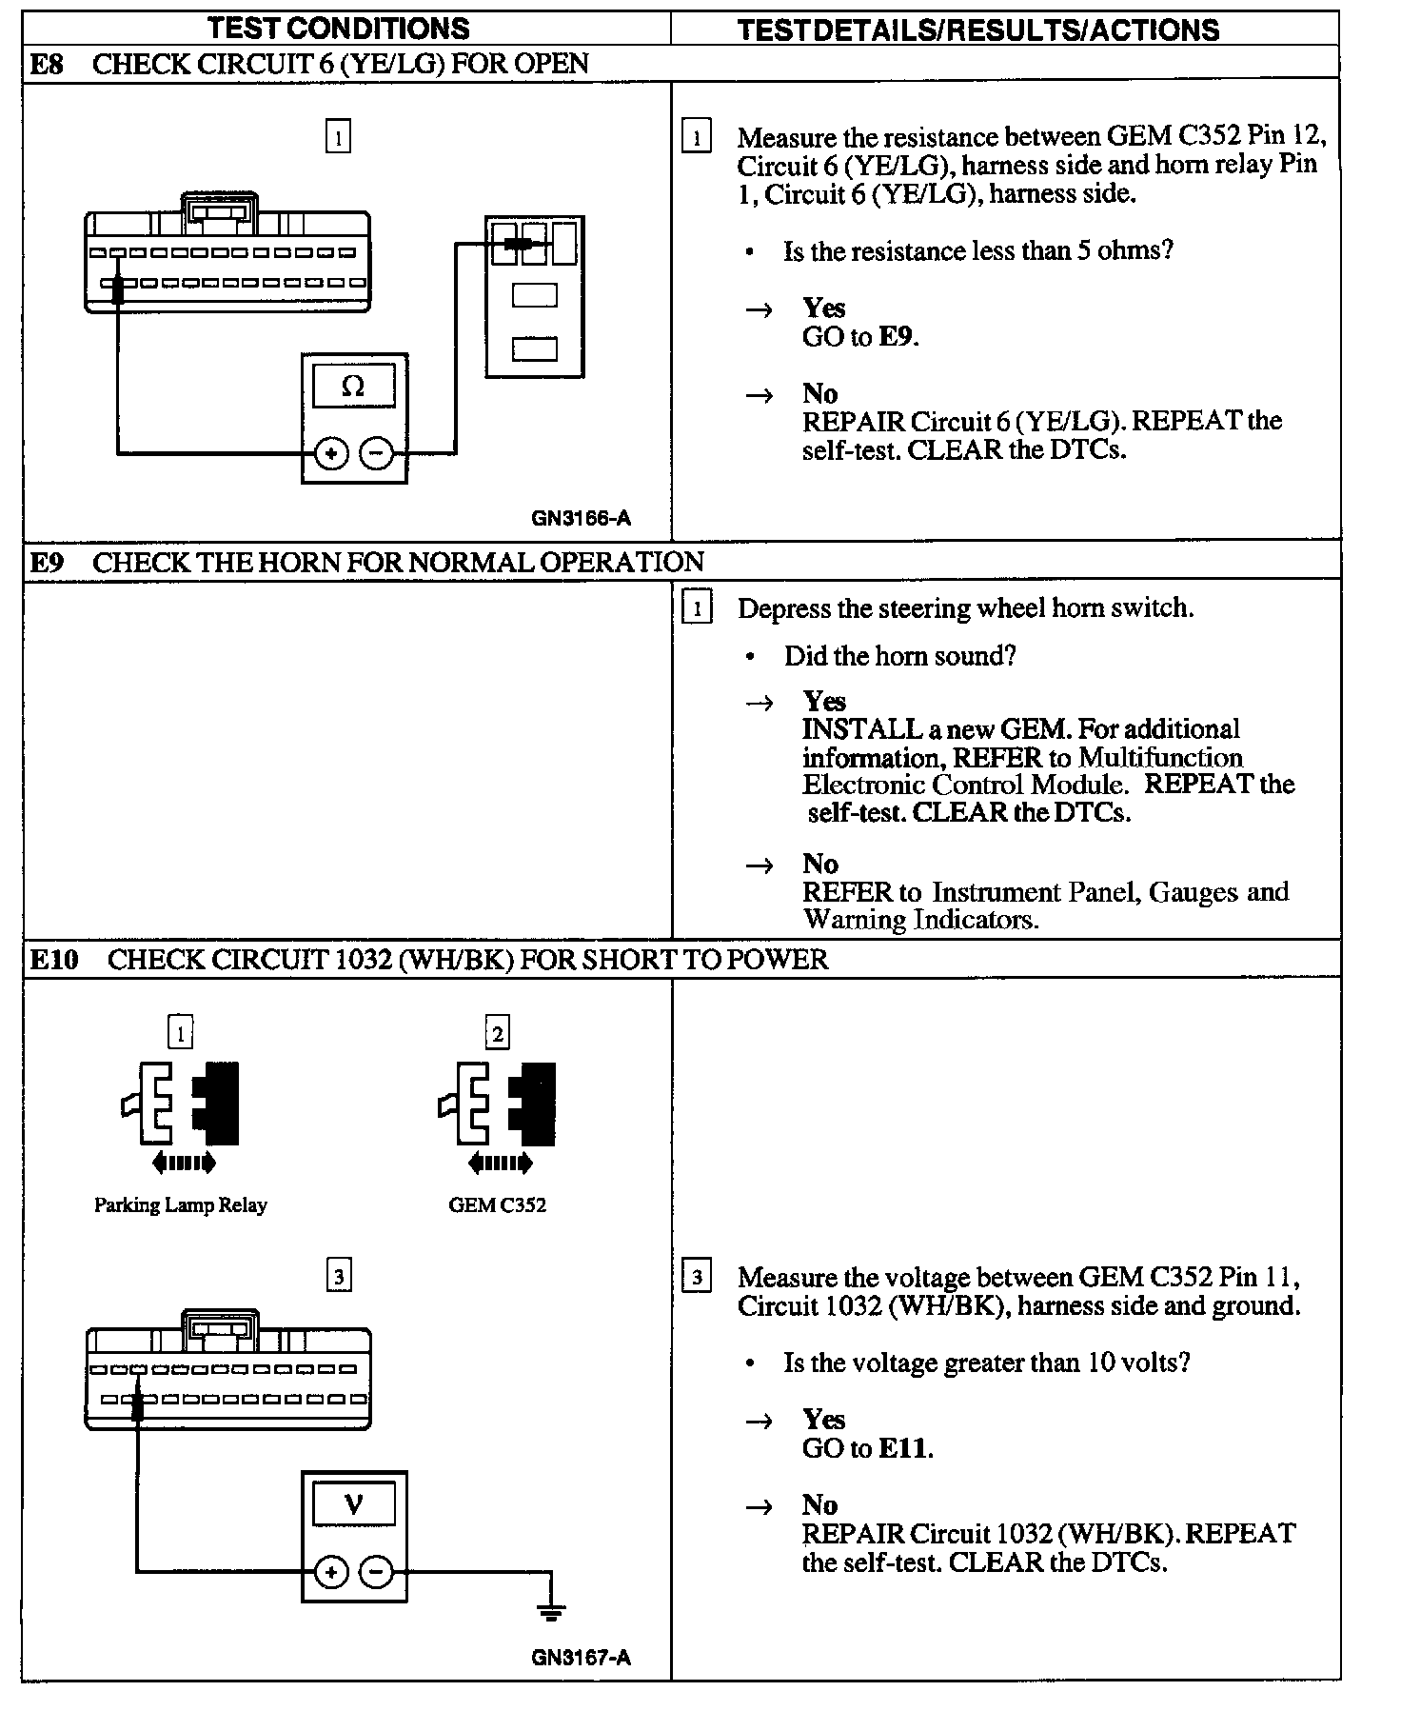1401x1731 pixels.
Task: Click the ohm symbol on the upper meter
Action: click(353, 387)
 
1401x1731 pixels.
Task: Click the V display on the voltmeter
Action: click(353, 1504)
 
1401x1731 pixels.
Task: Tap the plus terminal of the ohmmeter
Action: click(330, 453)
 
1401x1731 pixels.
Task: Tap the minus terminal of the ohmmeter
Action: click(377, 453)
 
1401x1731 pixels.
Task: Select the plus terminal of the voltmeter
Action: click(330, 1572)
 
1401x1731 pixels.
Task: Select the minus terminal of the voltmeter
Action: click(377, 1572)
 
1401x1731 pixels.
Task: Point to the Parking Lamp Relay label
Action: click(181, 1205)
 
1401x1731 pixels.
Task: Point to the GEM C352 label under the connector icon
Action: click(497, 1205)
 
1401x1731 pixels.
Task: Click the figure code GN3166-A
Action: click(581, 519)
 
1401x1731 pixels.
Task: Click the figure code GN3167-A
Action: click(581, 1658)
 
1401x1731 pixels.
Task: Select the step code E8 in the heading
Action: click(47, 64)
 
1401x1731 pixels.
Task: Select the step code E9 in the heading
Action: click(47, 562)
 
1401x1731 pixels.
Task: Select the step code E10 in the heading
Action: click(54, 959)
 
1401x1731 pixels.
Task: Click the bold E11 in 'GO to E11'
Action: click(903, 1448)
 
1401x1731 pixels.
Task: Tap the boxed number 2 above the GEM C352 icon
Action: click(497, 1033)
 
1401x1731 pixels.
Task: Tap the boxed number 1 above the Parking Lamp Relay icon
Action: click(180, 1033)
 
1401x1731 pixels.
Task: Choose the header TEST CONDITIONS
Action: click(339, 29)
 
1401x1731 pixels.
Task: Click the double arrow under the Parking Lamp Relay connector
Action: click(184, 1163)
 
